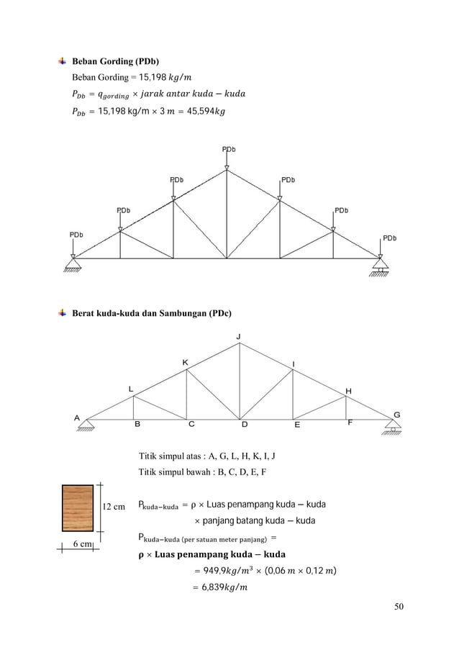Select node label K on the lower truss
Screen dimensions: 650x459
point(185,362)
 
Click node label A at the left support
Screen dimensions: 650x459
point(77,417)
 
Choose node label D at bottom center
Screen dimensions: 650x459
point(244,425)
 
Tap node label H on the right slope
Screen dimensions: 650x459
point(349,391)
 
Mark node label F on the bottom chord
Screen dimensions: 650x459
point(350,423)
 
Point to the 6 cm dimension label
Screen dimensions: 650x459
point(81,544)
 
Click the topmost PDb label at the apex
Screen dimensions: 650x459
point(228,149)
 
